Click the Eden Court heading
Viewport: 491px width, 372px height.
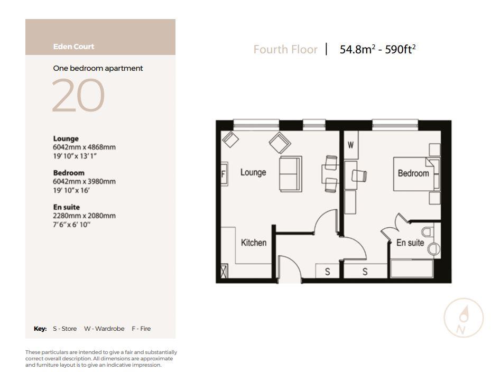73,46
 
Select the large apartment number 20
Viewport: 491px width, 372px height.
78,96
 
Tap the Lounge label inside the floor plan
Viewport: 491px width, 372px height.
253,172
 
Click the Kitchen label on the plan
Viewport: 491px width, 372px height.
254,243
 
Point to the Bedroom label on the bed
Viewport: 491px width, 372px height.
413,173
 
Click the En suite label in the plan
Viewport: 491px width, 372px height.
410,243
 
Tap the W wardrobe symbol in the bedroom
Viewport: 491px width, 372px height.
350,145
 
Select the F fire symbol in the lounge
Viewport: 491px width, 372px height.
224,173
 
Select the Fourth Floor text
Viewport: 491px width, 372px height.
285,50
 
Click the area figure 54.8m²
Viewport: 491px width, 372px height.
357,50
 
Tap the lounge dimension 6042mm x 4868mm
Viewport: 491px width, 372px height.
84,147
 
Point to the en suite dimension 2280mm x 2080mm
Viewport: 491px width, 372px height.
84,216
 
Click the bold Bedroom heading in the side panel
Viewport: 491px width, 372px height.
69,173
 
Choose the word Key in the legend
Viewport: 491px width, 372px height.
40,329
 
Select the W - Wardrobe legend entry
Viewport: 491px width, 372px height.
104,329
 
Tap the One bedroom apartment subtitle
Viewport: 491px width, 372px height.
98,68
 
